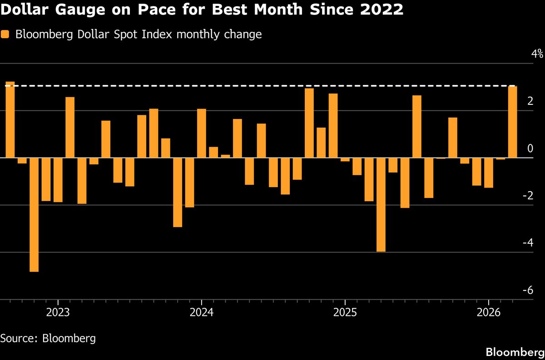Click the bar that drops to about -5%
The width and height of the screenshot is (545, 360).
34,214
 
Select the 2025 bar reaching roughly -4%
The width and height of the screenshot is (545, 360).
381,204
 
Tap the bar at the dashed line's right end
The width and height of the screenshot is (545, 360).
512,122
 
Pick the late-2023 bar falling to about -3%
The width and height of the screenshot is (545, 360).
178,192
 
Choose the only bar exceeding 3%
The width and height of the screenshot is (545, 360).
10,120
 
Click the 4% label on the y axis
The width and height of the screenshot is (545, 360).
537,54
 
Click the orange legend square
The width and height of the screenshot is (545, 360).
5,35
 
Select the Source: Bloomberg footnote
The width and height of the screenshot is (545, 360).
48,338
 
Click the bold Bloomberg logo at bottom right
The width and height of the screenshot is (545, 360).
515,352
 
